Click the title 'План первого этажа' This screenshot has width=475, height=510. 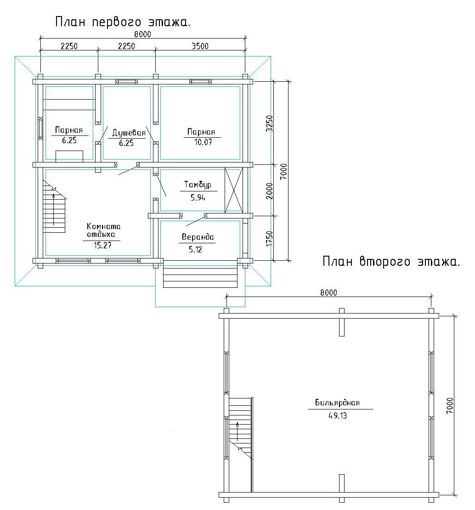pos(123,22)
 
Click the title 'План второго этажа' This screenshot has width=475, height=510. pos(391,261)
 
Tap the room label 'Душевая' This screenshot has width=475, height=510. pos(129,133)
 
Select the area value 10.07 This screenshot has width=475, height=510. pos(203,142)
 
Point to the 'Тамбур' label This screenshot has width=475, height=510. pos(198,185)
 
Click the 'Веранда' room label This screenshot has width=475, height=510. pos(198,237)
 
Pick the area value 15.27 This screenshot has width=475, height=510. pos(103,245)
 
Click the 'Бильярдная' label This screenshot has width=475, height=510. pos(337,403)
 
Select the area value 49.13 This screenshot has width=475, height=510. pos(338,416)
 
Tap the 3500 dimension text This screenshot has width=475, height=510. pos(200,46)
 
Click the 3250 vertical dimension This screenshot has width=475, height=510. pos(269,123)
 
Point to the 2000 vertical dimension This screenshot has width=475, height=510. pos(269,191)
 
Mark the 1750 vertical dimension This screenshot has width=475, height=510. pos(269,238)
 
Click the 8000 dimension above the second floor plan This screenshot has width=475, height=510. pos(328,292)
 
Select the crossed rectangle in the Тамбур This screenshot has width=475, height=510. pos(234,190)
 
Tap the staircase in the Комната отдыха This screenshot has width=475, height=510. pos(54,207)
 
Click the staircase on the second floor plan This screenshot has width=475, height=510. pos(241,428)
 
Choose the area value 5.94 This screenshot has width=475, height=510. pos(198,197)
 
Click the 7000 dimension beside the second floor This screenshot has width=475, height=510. pos(450,405)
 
